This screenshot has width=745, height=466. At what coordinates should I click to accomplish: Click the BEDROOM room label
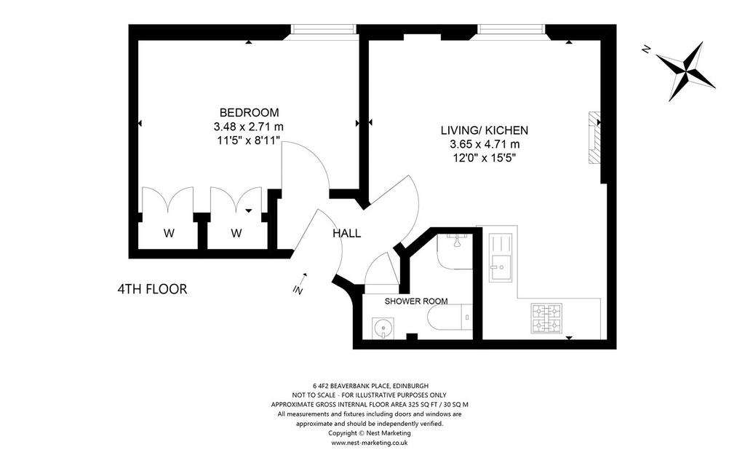pos(249,113)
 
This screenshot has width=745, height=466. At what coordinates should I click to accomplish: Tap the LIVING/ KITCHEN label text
pos(484,130)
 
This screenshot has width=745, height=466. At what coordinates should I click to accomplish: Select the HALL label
pos(346,234)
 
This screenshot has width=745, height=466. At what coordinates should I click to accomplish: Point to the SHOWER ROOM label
pos(415,301)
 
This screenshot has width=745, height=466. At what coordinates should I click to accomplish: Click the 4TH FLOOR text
pos(152,289)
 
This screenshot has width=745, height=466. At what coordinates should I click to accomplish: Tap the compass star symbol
pos(685,71)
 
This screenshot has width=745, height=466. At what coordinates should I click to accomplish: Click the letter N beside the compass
pos(646,49)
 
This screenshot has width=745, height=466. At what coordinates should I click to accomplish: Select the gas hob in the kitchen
pos(546,318)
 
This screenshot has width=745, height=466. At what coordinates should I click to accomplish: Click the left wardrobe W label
pos(169,234)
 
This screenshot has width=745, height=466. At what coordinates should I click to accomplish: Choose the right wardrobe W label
pos(236,234)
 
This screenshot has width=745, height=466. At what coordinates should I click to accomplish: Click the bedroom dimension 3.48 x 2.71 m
pos(249,127)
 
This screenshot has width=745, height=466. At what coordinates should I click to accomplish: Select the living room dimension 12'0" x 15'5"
pos(484,158)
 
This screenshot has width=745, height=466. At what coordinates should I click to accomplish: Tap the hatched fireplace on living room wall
pos(594,138)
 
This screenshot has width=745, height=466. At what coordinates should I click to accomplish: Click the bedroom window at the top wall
pos(324,29)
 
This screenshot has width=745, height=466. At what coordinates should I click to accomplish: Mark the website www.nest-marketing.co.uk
pos(369,443)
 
